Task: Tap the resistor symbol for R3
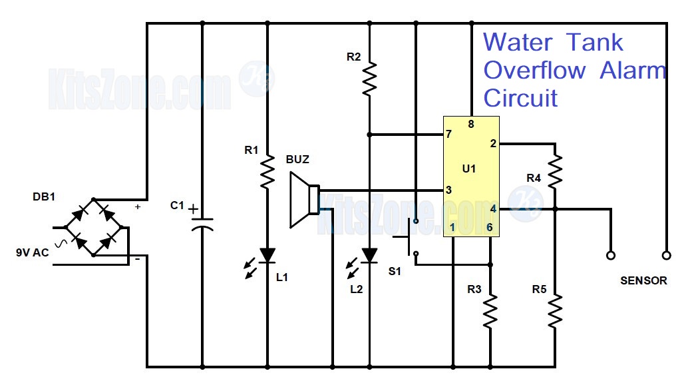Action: (x=490, y=311)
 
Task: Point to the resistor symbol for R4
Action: (x=555, y=171)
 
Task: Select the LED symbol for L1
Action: (x=267, y=255)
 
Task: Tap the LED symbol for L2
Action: (x=370, y=255)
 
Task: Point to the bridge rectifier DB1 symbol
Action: (x=93, y=226)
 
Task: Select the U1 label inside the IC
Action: (x=469, y=169)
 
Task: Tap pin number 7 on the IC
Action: (x=449, y=135)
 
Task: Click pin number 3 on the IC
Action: (x=449, y=191)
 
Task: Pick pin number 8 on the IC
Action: (x=471, y=124)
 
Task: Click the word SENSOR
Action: (x=643, y=280)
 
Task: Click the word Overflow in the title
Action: (x=534, y=70)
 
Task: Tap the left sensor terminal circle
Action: (x=609, y=255)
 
